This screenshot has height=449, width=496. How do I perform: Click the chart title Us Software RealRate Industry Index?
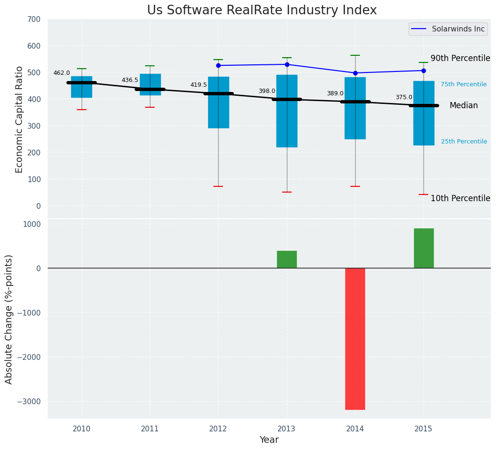pyautogui.click(x=262, y=10)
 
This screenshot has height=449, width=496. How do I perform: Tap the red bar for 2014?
pyautogui.click(x=355, y=338)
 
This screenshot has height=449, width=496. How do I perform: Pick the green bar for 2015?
pyautogui.click(x=423, y=248)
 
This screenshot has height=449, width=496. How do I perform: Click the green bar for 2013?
pyautogui.click(x=287, y=259)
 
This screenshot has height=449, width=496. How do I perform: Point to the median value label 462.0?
pyautogui.click(x=62, y=73)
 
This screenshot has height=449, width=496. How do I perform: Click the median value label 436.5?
pyautogui.click(x=130, y=80)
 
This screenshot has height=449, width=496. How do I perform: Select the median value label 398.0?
pyautogui.click(x=267, y=91)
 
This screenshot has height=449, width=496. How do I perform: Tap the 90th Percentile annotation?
pyautogui.click(x=460, y=58)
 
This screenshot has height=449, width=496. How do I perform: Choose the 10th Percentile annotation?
pyautogui.click(x=460, y=198)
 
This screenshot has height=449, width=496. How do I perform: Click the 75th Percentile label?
pyautogui.click(x=464, y=84)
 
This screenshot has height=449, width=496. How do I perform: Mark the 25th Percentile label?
pyautogui.click(x=464, y=142)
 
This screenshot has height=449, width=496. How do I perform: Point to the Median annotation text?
pyautogui.click(x=464, y=106)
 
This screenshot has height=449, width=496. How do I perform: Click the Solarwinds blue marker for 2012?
pyautogui.click(x=218, y=65)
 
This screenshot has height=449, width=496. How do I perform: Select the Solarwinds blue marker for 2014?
pyautogui.click(x=355, y=73)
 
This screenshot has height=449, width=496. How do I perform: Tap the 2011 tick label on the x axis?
pyautogui.click(x=150, y=429)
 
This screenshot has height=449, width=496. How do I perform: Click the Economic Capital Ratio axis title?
pyautogui.click(x=20, y=119)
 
